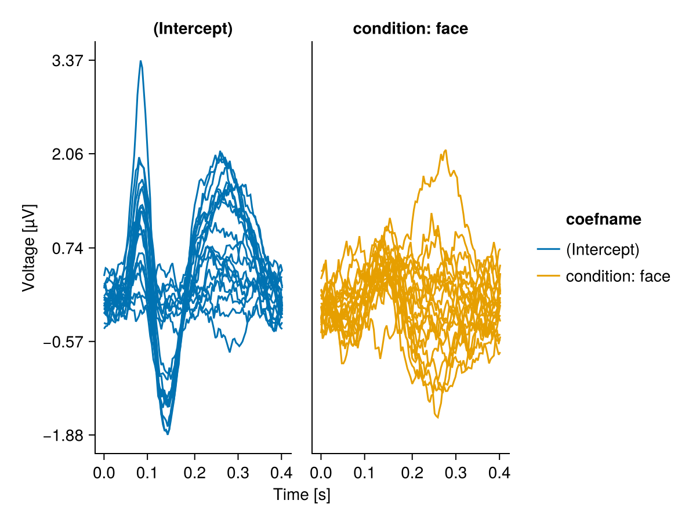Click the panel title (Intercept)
[x=193, y=30]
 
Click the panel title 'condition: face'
[x=410, y=30]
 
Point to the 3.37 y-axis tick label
[x=67, y=61]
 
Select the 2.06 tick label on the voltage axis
[x=67, y=154]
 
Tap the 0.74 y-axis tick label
[x=67, y=248]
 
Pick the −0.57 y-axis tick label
[x=63, y=342]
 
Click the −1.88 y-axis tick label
[x=63, y=435]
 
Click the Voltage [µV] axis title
[x=28, y=248]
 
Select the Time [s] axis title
[x=302, y=495]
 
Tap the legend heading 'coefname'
[x=603, y=219]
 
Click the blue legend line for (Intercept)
[x=548, y=249]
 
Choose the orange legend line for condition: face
[x=548, y=277]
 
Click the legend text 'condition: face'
[x=618, y=277]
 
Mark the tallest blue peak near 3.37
[x=140, y=61]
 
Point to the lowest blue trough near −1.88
[x=168, y=433]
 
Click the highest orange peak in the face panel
[x=445, y=150]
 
